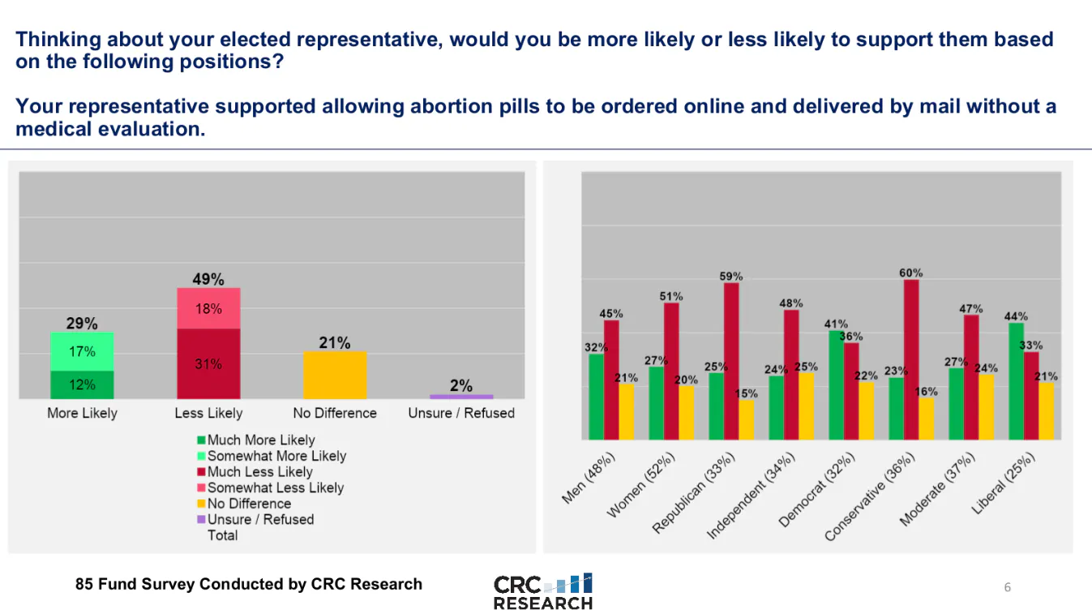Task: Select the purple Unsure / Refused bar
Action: [x=461, y=397]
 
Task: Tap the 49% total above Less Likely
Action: [x=208, y=280]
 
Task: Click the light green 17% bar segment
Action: [x=82, y=351]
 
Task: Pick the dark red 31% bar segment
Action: [x=208, y=363]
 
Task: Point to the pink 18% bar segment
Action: [x=208, y=308]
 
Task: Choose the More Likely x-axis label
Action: [x=82, y=413]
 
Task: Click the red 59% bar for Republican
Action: [x=731, y=361]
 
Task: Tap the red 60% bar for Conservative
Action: [x=911, y=359]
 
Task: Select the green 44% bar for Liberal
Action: [x=1016, y=381]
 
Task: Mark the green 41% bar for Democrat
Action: [x=836, y=384]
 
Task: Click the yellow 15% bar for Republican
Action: [x=747, y=419]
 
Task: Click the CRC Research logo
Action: [x=543, y=592]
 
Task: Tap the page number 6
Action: [x=1008, y=587]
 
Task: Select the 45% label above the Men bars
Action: [x=611, y=314]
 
